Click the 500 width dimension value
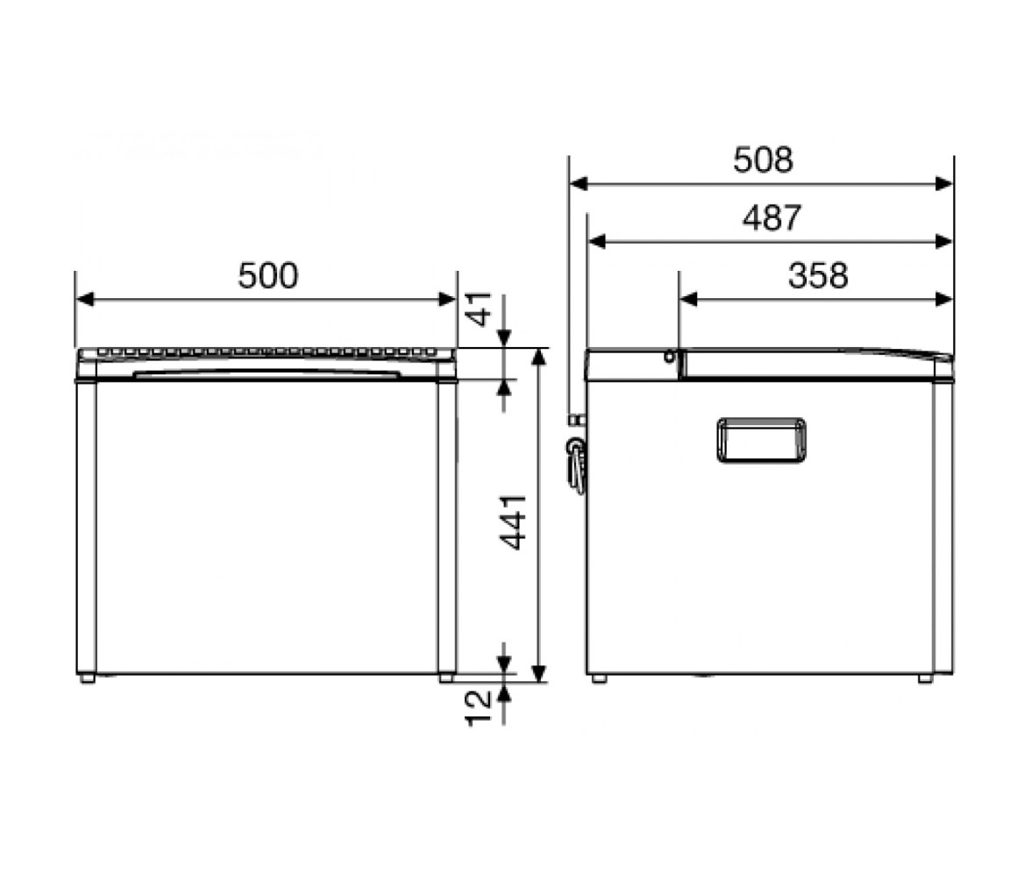[x=267, y=275]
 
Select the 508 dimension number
[x=763, y=160]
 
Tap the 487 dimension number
[x=771, y=217]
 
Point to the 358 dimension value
[x=818, y=275]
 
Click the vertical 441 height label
[x=513, y=522]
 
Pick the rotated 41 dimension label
[x=480, y=309]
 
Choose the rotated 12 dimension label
[x=479, y=707]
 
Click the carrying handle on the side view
[x=761, y=440]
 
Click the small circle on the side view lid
[x=670, y=357]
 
